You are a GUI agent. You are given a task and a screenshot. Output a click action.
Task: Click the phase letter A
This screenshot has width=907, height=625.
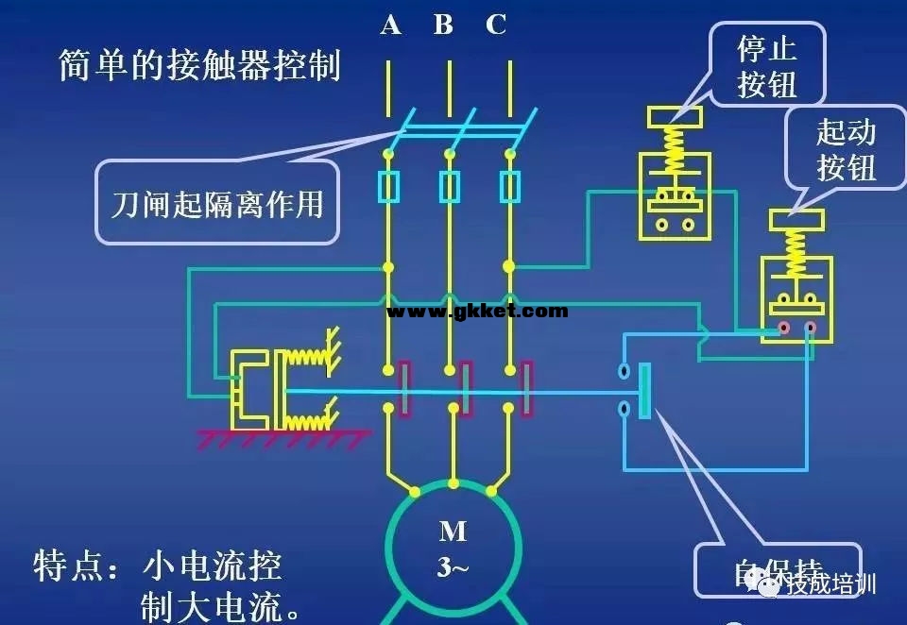390,25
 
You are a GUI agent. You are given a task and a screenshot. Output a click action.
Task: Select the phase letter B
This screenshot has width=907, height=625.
443,25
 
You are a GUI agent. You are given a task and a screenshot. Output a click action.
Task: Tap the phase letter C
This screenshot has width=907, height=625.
496,25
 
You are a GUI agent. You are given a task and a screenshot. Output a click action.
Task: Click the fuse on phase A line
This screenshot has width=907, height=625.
388,187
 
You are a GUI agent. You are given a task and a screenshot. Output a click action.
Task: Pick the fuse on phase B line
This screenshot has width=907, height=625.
450,187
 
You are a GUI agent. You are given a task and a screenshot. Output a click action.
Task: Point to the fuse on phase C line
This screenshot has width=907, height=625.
510,187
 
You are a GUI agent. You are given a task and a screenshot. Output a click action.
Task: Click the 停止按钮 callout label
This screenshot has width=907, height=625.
767,64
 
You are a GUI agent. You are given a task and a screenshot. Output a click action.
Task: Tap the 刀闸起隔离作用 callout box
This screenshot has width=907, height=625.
216,202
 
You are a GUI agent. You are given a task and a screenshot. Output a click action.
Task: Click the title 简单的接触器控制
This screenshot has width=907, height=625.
199,66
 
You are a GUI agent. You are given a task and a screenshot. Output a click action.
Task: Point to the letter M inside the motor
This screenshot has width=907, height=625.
453,532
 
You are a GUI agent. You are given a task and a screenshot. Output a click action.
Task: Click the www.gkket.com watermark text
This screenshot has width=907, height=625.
477,311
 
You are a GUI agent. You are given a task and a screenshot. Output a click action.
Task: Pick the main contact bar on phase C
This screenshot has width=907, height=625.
527,388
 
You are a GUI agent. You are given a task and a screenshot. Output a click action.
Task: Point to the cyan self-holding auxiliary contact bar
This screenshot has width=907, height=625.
645,391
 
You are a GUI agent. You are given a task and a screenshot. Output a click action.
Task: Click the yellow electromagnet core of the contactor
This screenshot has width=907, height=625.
248,387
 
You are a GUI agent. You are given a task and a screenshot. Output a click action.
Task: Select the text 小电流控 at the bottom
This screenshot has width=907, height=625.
213,566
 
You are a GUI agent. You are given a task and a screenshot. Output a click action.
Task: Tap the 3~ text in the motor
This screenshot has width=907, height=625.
453,567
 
